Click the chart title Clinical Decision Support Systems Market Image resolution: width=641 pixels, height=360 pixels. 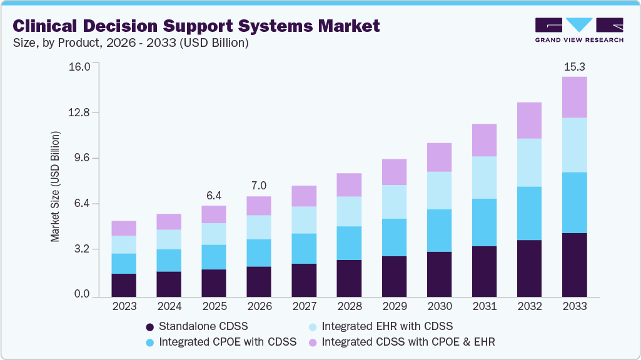(196, 26)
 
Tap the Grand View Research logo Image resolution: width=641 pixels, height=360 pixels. (579, 29)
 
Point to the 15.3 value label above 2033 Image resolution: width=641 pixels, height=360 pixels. (574, 66)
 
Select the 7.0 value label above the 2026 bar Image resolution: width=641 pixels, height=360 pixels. (259, 186)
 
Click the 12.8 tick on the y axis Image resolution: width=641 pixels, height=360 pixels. (79, 112)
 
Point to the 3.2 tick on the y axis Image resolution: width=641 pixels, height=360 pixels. (82, 249)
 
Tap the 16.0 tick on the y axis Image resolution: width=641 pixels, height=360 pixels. (79, 67)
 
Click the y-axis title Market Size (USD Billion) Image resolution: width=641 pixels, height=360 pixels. (56, 187)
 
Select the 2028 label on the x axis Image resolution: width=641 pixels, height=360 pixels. (349, 306)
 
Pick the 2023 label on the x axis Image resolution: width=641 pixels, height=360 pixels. (124, 306)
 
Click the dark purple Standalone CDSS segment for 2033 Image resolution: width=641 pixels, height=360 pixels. (574, 264)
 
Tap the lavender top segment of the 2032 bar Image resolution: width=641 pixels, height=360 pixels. (529, 120)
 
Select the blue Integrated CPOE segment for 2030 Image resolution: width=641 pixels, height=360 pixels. (439, 230)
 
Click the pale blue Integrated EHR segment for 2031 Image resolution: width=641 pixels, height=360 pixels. (484, 177)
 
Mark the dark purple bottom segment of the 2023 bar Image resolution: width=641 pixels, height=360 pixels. (124, 284)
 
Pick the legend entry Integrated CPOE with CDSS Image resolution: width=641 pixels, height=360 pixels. (220, 342)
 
